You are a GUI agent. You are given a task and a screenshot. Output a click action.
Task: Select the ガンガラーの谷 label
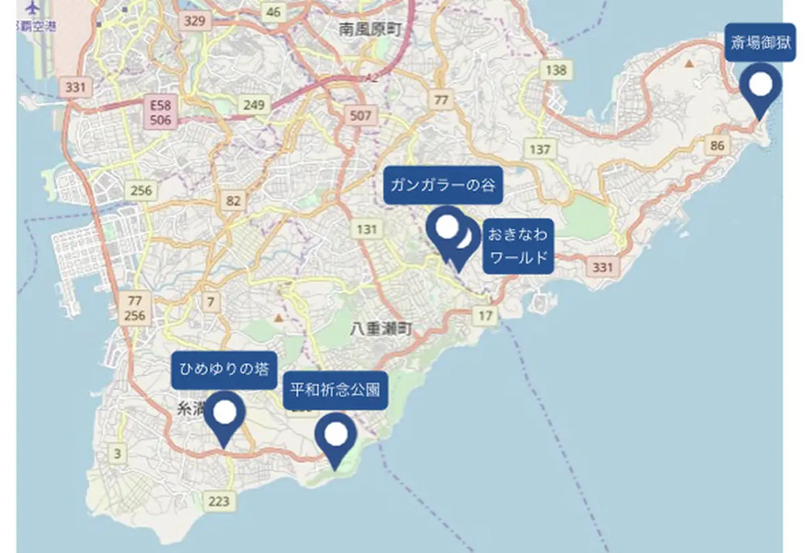(x=443, y=185)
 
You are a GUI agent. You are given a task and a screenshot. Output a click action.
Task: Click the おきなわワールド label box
(x=518, y=246)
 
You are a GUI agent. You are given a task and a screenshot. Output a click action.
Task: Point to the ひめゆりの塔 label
(x=224, y=370)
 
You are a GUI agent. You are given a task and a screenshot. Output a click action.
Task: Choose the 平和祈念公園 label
(x=335, y=390)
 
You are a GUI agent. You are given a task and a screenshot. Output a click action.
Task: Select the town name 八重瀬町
(x=381, y=329)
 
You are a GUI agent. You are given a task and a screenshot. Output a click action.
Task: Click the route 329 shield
(x=194, y=21)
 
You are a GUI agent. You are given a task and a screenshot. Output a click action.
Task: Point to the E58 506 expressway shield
(x=161, y=112)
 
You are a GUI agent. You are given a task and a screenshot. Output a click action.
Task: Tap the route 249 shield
(x=254, y=104)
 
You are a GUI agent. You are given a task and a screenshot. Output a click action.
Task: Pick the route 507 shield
(x=360, y=116)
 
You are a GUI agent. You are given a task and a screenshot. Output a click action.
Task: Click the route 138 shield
(x=556, y=70)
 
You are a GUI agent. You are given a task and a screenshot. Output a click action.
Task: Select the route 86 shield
(x=718, y=145)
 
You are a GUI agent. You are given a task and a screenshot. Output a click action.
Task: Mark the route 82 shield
(x=233, y=201)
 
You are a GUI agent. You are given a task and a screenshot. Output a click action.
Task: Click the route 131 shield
(x=366, y=230)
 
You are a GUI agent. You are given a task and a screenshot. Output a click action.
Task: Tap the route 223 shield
(x=219, y=501)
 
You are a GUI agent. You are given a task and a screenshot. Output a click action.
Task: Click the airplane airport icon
(x=32, y=8)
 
